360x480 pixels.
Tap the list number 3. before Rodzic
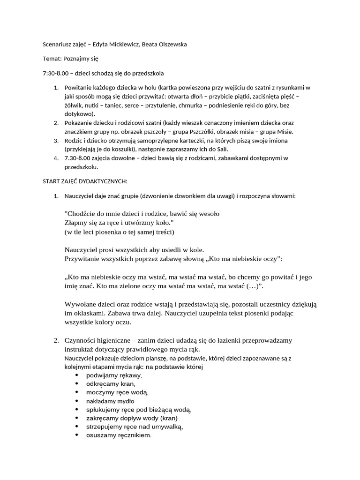point(55,141)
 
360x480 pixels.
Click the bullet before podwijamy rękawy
point(77,376)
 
